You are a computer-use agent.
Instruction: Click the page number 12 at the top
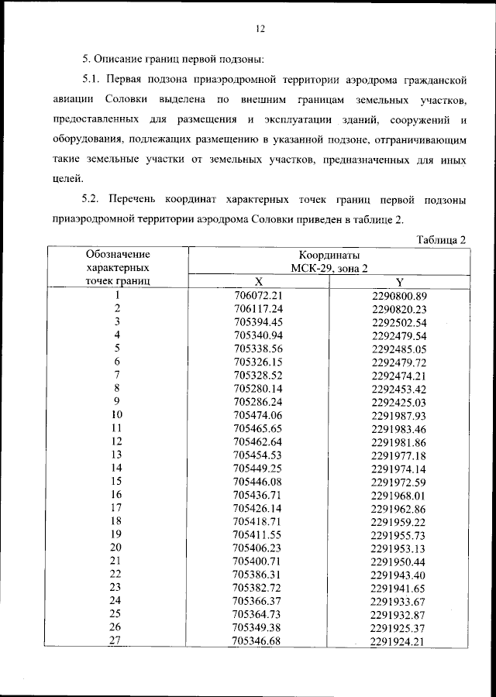coord(260,29)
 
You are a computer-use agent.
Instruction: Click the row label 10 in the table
coord(117,414)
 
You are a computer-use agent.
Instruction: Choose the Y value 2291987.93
coord(400,415)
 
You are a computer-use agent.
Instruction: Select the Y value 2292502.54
coord(400,321)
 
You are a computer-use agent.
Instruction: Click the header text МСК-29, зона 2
coord(329,267)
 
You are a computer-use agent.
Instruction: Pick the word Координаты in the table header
coord(329,255)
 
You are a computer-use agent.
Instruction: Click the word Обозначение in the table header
coord(118,253)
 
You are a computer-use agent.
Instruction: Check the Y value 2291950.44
coord(400,560)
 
